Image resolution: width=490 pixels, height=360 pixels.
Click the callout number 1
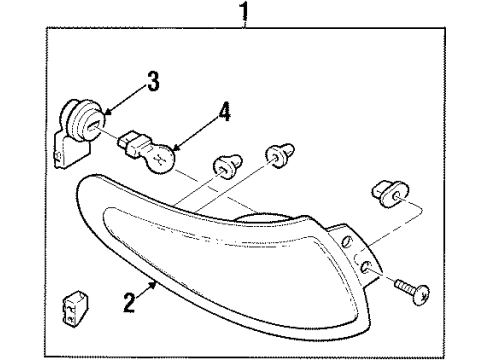[244, 11]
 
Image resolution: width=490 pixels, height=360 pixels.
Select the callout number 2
[129, 302]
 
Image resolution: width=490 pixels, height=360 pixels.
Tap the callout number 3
[153, 81]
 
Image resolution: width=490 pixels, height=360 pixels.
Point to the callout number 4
[225, 112]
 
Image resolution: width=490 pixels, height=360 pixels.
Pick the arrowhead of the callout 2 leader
[153, 285]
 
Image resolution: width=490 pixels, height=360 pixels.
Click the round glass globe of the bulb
[161, 159]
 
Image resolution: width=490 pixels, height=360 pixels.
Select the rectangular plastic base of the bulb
[132, 145]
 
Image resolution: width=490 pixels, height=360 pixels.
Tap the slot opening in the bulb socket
[93, 126]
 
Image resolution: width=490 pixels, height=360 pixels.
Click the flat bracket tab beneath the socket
[71, 151]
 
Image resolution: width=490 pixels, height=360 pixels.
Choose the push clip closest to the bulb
[227, 166]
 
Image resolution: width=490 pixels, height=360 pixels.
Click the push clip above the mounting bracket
[390, 194]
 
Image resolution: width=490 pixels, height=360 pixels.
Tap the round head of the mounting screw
[420, 295]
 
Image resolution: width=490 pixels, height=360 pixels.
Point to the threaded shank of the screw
[404, 286]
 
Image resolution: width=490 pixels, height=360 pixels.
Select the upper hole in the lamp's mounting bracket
[347, 241]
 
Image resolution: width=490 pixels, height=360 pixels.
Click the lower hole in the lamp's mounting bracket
[365, 266]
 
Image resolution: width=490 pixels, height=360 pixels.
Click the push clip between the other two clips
[280, 155]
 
